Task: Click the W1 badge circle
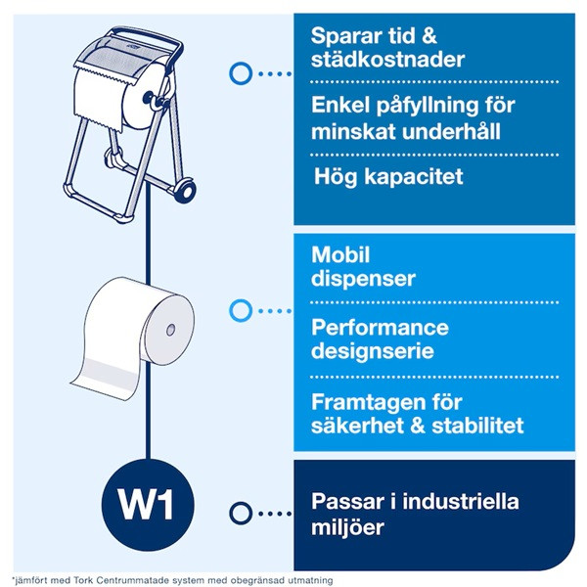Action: tap(147, 510)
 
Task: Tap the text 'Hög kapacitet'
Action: tap(375, 178)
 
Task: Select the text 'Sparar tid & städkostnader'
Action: tap(375, 48)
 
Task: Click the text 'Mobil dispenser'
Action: tap(363, 267)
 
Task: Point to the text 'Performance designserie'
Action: tap(380, 339)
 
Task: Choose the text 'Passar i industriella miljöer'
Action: tap(415, 515)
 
